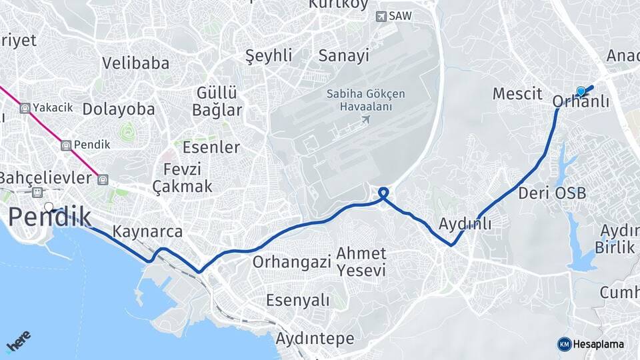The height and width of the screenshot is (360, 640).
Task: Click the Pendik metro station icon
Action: coord(66,145)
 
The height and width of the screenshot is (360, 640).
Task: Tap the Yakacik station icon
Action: coord(25,107)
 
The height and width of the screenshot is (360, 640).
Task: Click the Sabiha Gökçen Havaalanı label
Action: coord(365,100)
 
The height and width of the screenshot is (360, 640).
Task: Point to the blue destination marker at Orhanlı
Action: coord(581,91)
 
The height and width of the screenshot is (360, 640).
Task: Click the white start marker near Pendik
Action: coord(49,207)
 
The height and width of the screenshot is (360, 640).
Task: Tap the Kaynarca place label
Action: coord(147,232)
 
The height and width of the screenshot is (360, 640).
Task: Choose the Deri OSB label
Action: coord(552,193)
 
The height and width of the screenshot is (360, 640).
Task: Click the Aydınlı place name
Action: coord(465,224)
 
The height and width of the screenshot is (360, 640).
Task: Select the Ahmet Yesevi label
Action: coord(361,262)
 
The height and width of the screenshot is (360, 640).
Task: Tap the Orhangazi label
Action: coord(291,262)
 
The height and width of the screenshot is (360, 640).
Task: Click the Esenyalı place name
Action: coord(297,300)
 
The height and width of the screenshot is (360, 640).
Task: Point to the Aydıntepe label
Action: coord(315,339)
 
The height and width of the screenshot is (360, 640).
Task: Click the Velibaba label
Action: coord(135,63)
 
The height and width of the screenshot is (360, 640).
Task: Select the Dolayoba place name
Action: coord(119,109)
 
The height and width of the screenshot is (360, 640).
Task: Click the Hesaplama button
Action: coord(591,344)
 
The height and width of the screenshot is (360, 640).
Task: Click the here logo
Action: coord(18,341)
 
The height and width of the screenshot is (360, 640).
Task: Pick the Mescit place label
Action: coord(516,94)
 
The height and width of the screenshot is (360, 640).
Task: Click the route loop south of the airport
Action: coord(383,194)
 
